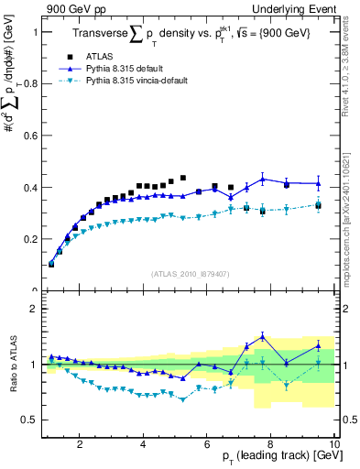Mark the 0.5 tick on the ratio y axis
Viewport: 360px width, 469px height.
[x=32, y=420]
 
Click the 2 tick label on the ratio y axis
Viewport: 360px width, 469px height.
[x=36, y=309]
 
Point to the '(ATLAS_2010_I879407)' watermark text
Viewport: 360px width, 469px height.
[x=190, y=274]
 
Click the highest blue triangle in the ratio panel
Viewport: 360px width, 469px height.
[x=263, y=335]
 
